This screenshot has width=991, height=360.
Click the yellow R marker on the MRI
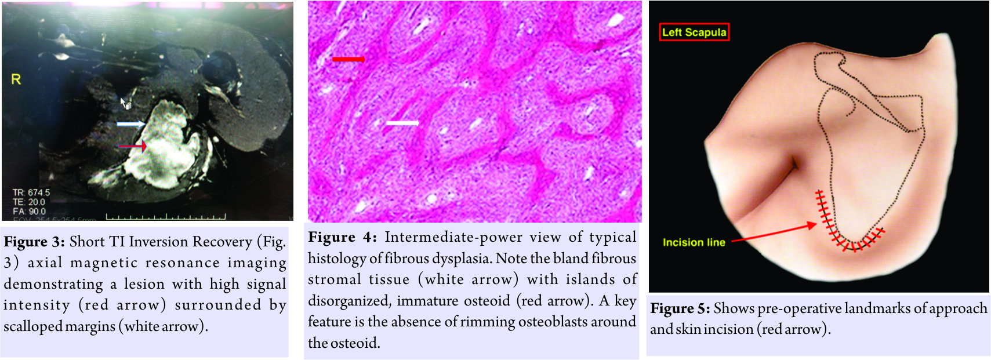click(16, 79)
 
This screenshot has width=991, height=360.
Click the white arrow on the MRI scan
click(131, 124)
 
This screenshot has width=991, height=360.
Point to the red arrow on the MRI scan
click(132, 146)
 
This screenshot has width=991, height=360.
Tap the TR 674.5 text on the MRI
click(31, 193)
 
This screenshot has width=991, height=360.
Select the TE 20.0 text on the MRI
click(29, 202)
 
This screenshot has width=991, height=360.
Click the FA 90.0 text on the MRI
click(29, 212)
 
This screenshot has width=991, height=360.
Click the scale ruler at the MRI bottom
click(166, 217)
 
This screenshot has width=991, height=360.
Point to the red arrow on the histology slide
click(349, 59)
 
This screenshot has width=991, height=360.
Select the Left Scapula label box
click(694, 32)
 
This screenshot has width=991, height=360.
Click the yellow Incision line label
click(694, 242)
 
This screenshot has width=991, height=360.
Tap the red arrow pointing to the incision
click(774, 233)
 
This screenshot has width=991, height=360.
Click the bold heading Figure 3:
click(35, 242)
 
